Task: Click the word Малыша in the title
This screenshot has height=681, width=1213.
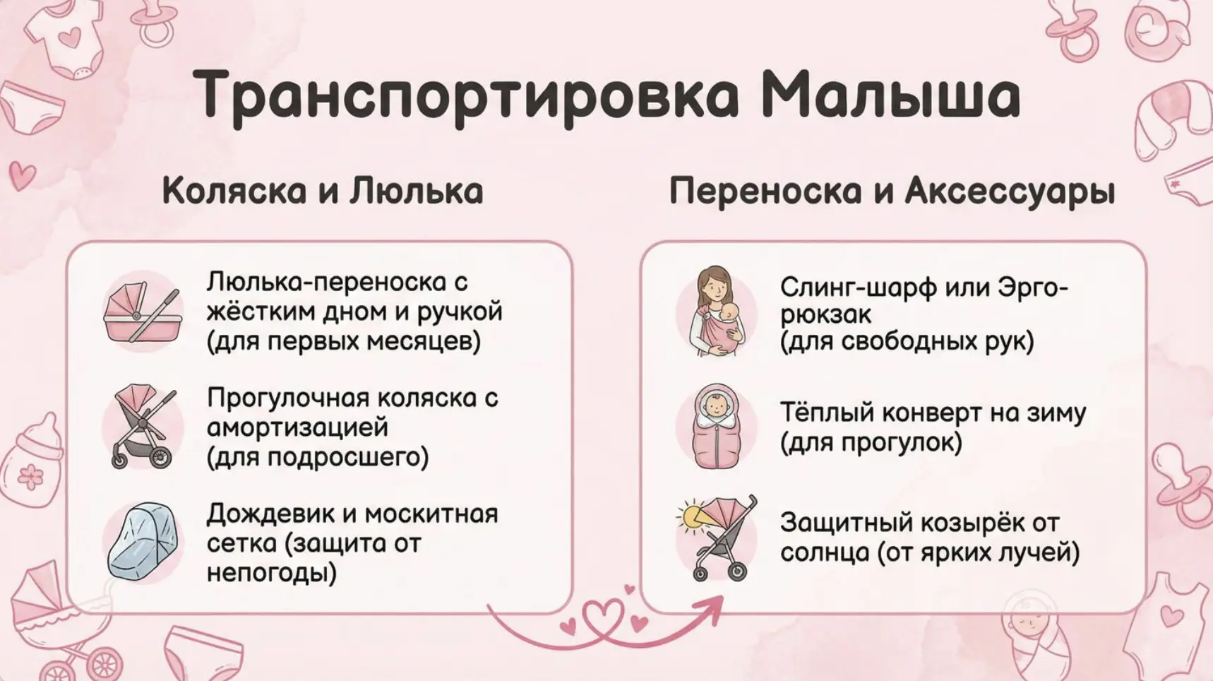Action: point(891,94)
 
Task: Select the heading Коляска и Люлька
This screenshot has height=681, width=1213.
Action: point(323,191)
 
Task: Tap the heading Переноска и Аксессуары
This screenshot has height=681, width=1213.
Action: point(892,191)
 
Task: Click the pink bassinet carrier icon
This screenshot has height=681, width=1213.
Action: point(143,312)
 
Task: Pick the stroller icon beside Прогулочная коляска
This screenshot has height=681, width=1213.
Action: point(143,427)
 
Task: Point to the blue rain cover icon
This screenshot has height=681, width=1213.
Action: point(143,542)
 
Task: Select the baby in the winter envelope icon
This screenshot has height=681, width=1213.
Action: point(717,427)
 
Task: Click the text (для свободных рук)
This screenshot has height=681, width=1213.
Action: point(907,342)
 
